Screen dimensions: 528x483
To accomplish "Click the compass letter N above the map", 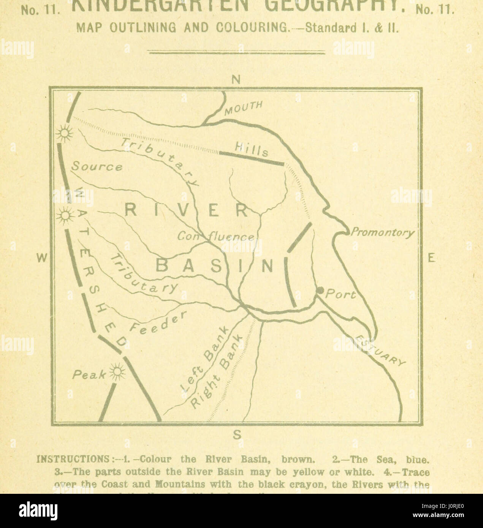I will pos(236,80).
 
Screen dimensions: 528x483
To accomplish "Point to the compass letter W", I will pos(42,259).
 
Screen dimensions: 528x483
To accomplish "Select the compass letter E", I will pos(431,259).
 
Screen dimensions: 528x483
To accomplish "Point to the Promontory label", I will pos(382,232).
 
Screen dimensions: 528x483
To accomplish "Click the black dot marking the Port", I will pos(320,291).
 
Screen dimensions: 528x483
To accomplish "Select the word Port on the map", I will pos(342,294).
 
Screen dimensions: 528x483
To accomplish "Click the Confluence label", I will pos(215,237).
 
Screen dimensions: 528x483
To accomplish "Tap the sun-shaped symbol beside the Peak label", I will pos(116,371).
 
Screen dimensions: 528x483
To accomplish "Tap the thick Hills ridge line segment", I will pos(252,159).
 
